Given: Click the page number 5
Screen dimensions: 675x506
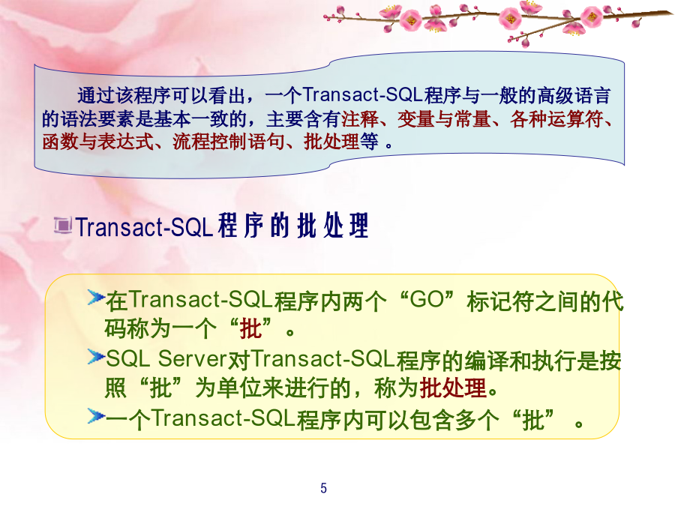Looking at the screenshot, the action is pos(323,488).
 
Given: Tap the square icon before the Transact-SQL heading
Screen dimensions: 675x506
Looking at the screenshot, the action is pos(63,225).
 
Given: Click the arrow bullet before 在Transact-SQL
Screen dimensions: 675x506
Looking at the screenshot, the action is pos(96,298).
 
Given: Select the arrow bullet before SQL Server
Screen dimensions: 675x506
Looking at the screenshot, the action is pos(96,357).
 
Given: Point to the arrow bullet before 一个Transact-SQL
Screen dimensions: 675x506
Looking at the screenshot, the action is pos(96,416).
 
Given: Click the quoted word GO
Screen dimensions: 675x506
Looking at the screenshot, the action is pos(427,299).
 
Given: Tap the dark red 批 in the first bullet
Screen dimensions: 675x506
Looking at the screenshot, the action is pos(250,329).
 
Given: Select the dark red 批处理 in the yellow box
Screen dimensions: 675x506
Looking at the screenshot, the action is pos(453,388).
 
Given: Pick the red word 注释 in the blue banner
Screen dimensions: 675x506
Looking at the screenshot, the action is pos(360,119).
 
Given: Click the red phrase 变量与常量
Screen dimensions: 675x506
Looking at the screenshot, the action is pos(444,119).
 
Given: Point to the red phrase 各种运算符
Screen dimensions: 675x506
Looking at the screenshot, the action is pos(556,119).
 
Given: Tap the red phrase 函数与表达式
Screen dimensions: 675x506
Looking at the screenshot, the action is pos(97,142).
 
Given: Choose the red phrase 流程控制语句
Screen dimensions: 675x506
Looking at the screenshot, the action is pos(229,142).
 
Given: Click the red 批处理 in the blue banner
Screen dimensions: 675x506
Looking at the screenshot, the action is pos(331,142).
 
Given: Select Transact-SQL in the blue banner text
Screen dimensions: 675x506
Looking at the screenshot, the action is pos(362,95).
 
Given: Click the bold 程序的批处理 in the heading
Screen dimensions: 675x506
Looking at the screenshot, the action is pos(293,225).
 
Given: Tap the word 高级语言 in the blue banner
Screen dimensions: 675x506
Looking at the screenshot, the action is pos(574,95).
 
